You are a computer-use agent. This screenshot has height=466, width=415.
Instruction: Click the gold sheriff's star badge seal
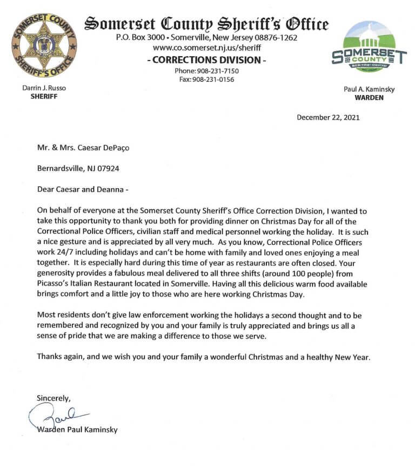click(44, 44)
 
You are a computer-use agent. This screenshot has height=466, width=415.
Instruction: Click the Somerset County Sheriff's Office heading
click(206, 24)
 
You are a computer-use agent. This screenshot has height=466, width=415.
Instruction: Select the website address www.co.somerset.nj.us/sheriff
click(206, 48)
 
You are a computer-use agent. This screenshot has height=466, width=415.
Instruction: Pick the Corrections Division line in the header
click(206, 60)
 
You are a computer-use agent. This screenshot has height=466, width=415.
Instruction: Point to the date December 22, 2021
click(328, 117)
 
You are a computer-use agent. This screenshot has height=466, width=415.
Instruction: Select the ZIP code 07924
click(107, 168)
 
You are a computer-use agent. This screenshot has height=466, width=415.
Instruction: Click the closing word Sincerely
click(53, 398)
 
